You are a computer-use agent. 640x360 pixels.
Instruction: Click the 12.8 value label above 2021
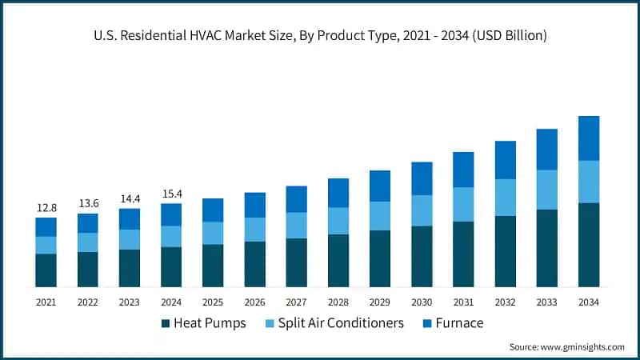[46, 208]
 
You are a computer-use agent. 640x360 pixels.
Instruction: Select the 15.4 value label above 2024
[171, 194]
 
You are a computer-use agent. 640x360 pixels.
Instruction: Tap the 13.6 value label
[88, 203]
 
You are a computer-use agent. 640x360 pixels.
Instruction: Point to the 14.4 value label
[130, 198]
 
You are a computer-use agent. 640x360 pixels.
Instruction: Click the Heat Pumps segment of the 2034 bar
[589, 245]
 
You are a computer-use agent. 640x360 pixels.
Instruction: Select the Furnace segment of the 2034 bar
[589, 138]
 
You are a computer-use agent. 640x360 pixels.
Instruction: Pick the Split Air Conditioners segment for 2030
[422, 210]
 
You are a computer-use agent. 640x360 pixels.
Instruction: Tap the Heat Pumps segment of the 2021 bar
[46, 270]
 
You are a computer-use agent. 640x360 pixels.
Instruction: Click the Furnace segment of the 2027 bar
[297, 199]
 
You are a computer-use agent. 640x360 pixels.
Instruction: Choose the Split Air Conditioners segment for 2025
[213, 233]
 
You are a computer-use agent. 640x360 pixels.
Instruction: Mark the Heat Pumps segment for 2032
[506, 251]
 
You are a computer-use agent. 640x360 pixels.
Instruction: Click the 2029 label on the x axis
[380, 302]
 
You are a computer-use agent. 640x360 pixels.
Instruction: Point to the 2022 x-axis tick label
[88, 302]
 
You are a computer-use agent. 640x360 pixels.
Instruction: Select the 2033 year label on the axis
[547, 302]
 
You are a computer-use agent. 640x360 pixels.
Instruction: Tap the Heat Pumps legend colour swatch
[166, 323]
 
